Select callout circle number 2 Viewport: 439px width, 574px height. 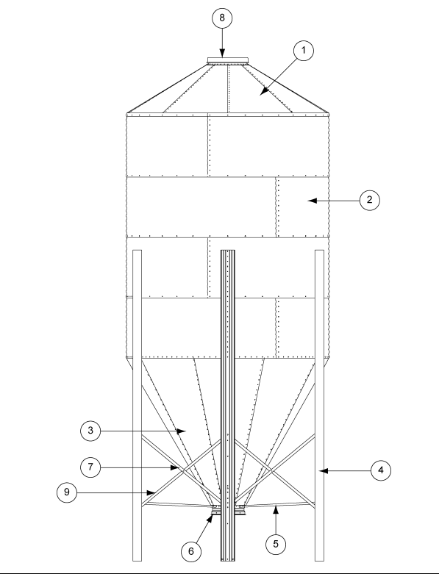(x=369, y=199)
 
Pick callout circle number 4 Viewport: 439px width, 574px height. (x=379, y=468)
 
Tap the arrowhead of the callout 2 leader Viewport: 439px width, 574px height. (x=310, y=199)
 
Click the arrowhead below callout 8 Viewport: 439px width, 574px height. (x=223, y=56)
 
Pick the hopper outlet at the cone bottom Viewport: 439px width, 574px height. (x=217, y=507)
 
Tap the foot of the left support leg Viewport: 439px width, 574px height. (x=138, y=561)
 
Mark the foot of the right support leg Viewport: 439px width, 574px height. (x=320, y=561)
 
